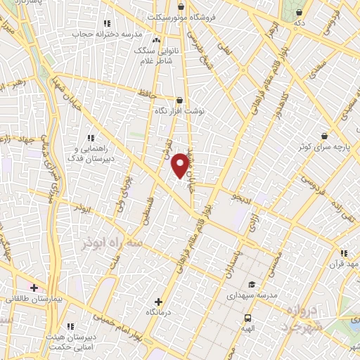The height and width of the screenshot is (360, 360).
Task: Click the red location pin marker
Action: (180, 165)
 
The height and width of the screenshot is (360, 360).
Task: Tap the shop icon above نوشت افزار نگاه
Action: (180, 101)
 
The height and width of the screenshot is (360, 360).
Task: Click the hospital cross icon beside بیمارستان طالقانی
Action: (33, 288)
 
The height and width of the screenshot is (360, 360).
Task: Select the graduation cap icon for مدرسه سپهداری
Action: (251, 285)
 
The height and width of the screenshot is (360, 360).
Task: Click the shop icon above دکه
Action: (300, 12)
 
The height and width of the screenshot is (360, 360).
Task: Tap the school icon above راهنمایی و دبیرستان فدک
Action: (89, 139)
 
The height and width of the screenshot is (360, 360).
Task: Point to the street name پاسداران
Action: (232, 263)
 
